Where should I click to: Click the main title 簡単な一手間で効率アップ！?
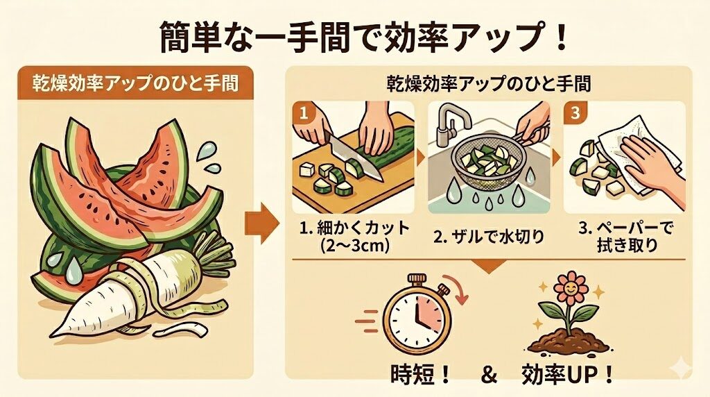coord(355,33)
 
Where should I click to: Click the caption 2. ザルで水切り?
coord(489,236)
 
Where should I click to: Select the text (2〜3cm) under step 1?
coord(352,246)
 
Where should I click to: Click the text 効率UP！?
coord(568,374)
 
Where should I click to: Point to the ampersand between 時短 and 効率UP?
coord(490,375)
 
